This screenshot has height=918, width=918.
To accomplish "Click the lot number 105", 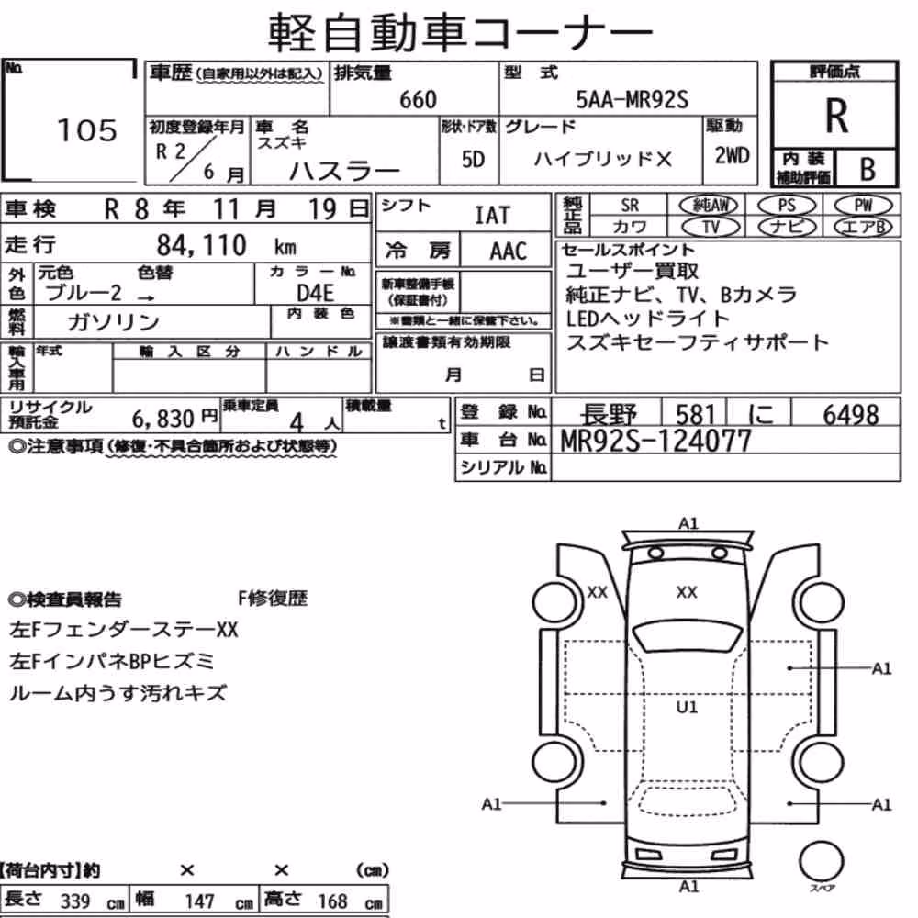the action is click(x=87, y=130).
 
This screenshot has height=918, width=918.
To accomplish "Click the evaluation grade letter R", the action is click(x=836, y=116).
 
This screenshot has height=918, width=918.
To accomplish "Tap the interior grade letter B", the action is click(x=868, y=169).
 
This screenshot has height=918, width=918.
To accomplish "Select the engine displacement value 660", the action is click(x=418, y=99).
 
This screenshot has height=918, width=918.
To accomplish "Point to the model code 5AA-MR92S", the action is click(x=633, y=99).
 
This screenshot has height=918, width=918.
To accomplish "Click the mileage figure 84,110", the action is click(x=201, y=245).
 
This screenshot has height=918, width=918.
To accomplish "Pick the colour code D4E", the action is click(x=315, y=293).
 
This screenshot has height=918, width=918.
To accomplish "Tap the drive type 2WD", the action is click(x=732, y=155).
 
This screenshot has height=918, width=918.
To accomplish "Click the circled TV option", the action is click(x=711, y=227).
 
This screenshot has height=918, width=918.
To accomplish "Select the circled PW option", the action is click(x=863, y=205).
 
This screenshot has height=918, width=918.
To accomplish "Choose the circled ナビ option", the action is click(x=787, y=227).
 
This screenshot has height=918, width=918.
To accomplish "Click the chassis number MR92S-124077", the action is click(x=655, y=441).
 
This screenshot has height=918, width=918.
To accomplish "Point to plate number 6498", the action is click(x=851, y=415).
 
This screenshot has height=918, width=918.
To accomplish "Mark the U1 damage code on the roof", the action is click(x=687, y=707).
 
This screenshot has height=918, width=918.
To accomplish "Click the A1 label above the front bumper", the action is click(x=688, y=523).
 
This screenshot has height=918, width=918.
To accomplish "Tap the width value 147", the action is click(x=199, y=901).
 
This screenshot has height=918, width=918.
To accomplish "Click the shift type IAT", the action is click(x=492, y=216).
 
